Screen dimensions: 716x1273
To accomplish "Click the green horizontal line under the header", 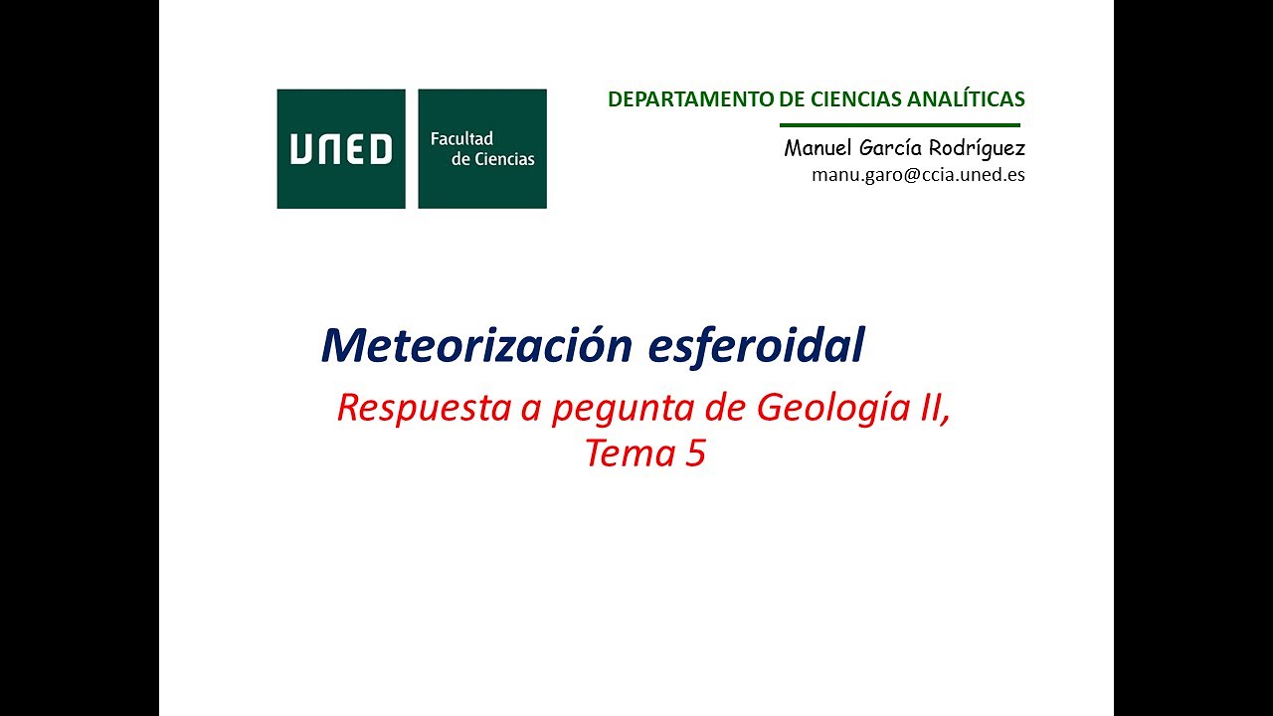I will point(900,125).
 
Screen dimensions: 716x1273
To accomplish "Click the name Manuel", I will point(818,148).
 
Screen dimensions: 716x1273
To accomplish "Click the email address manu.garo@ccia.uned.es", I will point(918,175).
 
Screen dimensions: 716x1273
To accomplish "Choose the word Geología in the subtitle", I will point(826,409).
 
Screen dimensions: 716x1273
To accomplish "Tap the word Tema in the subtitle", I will point(627,453).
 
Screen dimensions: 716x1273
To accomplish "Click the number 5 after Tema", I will point(694,453).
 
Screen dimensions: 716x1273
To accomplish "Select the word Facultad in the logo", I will point(461,139).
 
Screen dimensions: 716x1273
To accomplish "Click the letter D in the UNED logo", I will point(379,149).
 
